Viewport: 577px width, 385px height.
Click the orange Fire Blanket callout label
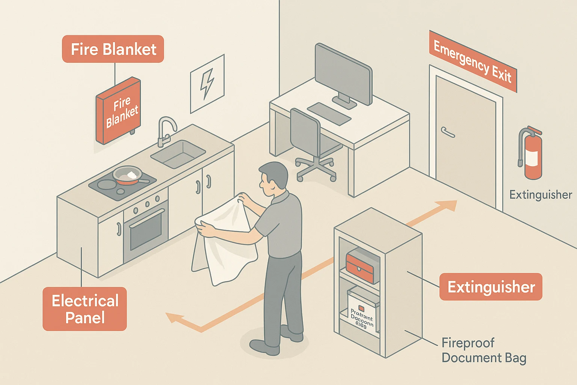tap(113, 49)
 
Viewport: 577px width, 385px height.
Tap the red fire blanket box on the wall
tap(118, 111)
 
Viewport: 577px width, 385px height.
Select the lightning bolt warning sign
tap(207, 83)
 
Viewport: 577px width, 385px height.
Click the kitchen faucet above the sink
tap(165, 130)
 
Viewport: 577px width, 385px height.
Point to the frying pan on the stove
tap(128, 175)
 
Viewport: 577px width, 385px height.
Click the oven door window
tap(146, 230)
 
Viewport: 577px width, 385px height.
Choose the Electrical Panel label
tap(85, 309)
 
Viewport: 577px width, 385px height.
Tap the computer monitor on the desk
tap(343, 75)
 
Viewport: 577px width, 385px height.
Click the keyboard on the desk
tap(329, 114)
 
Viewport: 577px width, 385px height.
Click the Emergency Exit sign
tap(473, 61)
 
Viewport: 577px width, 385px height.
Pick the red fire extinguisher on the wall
tap(531, 153)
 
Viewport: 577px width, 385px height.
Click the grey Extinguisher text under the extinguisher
tap(540, 195)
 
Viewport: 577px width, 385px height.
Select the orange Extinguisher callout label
tap(491, 287)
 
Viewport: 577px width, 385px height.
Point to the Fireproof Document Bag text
tap(484, 350)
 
